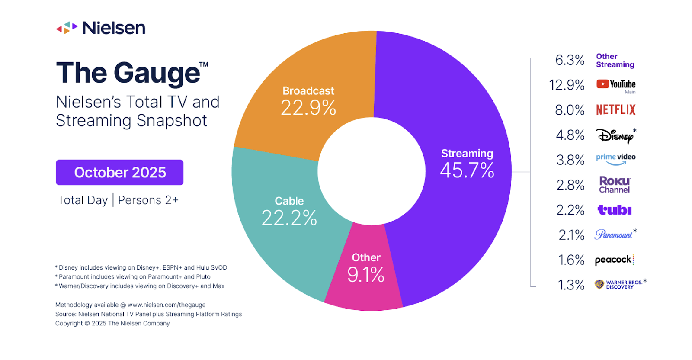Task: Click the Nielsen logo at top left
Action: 101,28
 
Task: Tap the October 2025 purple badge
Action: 119,172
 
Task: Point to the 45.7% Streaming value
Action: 467,170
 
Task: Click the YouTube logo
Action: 615,84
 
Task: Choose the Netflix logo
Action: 615,110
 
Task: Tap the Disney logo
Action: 615,136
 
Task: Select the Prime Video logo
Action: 615,159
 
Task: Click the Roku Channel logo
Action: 615,185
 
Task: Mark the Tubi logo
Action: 614,210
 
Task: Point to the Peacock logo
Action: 614,260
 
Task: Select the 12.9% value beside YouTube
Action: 567,85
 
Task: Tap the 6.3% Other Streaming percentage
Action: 570,60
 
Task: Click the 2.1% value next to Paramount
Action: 571,235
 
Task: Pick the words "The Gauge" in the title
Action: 128,73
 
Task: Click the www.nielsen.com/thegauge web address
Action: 167,305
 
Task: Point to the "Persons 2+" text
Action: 148,200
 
